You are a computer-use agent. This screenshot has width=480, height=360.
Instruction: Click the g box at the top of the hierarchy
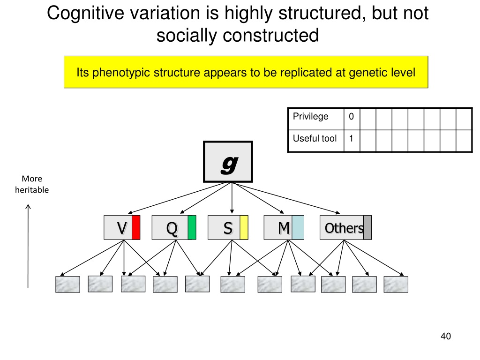(x=228, y=162)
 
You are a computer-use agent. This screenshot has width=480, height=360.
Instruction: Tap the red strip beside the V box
(x=136, y=228)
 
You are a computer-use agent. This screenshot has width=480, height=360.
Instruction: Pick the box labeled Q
(x=170, y=228)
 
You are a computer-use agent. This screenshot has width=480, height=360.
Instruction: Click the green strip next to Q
(x=192, y=228)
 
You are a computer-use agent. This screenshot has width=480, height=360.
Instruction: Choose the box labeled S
(x=224, y=228)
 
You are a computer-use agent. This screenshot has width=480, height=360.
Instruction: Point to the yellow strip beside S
(x=244, y=228)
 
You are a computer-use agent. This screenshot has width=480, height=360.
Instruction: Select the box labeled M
(x=278, y=228)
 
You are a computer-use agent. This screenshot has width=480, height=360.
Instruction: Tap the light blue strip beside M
(x=298, y=228)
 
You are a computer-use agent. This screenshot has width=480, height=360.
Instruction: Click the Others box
(x=342, y=228)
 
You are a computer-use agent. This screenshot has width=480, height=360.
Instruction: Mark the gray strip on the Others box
(x=367, y=228)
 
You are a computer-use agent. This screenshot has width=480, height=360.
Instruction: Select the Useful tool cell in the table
(x=315, y=139)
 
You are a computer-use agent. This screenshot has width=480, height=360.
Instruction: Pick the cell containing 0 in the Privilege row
(x=352, y=117)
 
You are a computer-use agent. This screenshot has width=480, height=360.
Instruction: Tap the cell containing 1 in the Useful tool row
(x=352, y=139)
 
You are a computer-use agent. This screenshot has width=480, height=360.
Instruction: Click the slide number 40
(x=445, y=336)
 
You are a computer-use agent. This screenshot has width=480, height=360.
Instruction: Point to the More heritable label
(x=32, y=184)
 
